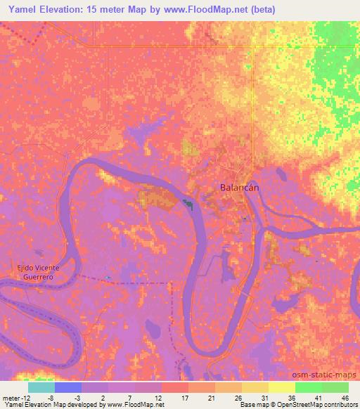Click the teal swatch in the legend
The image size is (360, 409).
click(x=41, y=387)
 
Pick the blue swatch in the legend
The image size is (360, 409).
click(x=68, y=387)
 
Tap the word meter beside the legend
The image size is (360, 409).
click(x=13, y=398)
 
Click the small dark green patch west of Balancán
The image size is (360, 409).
click(x=188, y=204)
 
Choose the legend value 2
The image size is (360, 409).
click(x=105, y=398)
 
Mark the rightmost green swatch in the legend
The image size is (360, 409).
click(x=335, y=387)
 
